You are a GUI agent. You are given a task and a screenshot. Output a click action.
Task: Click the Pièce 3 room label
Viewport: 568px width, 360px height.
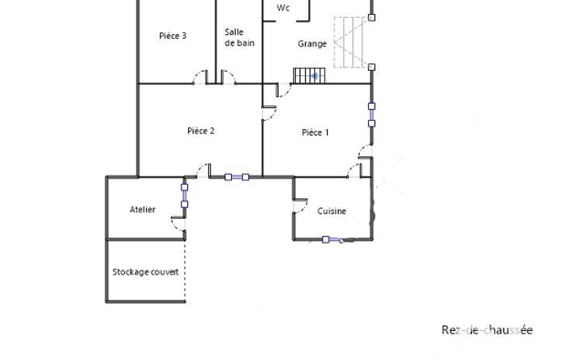coord(173,36)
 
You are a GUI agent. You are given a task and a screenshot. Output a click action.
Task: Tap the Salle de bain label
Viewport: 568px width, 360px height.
coord(239,37)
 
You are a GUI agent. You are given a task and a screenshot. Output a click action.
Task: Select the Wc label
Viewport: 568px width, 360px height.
coord(283,8)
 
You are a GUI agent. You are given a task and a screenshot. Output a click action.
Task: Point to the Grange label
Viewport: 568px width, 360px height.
coord(312,44)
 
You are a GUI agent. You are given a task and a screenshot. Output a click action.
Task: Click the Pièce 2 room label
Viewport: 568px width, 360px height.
coord(201,131)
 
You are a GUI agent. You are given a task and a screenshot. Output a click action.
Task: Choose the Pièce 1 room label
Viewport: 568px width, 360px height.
coord(315,132)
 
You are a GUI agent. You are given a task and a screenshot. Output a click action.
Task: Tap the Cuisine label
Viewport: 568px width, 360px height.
coord(332,211)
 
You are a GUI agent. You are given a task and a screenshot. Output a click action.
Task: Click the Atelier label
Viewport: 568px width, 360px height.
coord(142,209)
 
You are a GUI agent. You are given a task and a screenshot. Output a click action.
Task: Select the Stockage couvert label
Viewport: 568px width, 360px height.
coord(146,272)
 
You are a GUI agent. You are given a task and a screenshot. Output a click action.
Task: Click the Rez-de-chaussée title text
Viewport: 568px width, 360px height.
coord(487,330)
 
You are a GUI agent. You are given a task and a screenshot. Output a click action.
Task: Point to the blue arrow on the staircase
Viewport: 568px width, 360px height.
coord(315,76)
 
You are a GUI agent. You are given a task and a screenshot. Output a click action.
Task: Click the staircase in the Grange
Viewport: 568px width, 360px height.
coord(309,76)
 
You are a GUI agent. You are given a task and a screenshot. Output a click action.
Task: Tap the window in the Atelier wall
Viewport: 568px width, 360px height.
coord(185,196)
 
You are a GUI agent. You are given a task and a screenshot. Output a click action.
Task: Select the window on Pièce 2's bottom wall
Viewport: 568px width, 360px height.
coord(237,177)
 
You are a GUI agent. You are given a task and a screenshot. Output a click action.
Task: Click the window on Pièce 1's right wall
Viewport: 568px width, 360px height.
coord(372,115)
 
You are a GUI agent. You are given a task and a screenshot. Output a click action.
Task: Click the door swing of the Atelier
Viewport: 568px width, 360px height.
coord(177,224)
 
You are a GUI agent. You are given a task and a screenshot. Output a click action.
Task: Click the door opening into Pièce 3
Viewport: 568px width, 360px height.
coord(200,77)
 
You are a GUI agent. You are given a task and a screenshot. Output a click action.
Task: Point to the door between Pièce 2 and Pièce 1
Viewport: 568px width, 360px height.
coord(269,113)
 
